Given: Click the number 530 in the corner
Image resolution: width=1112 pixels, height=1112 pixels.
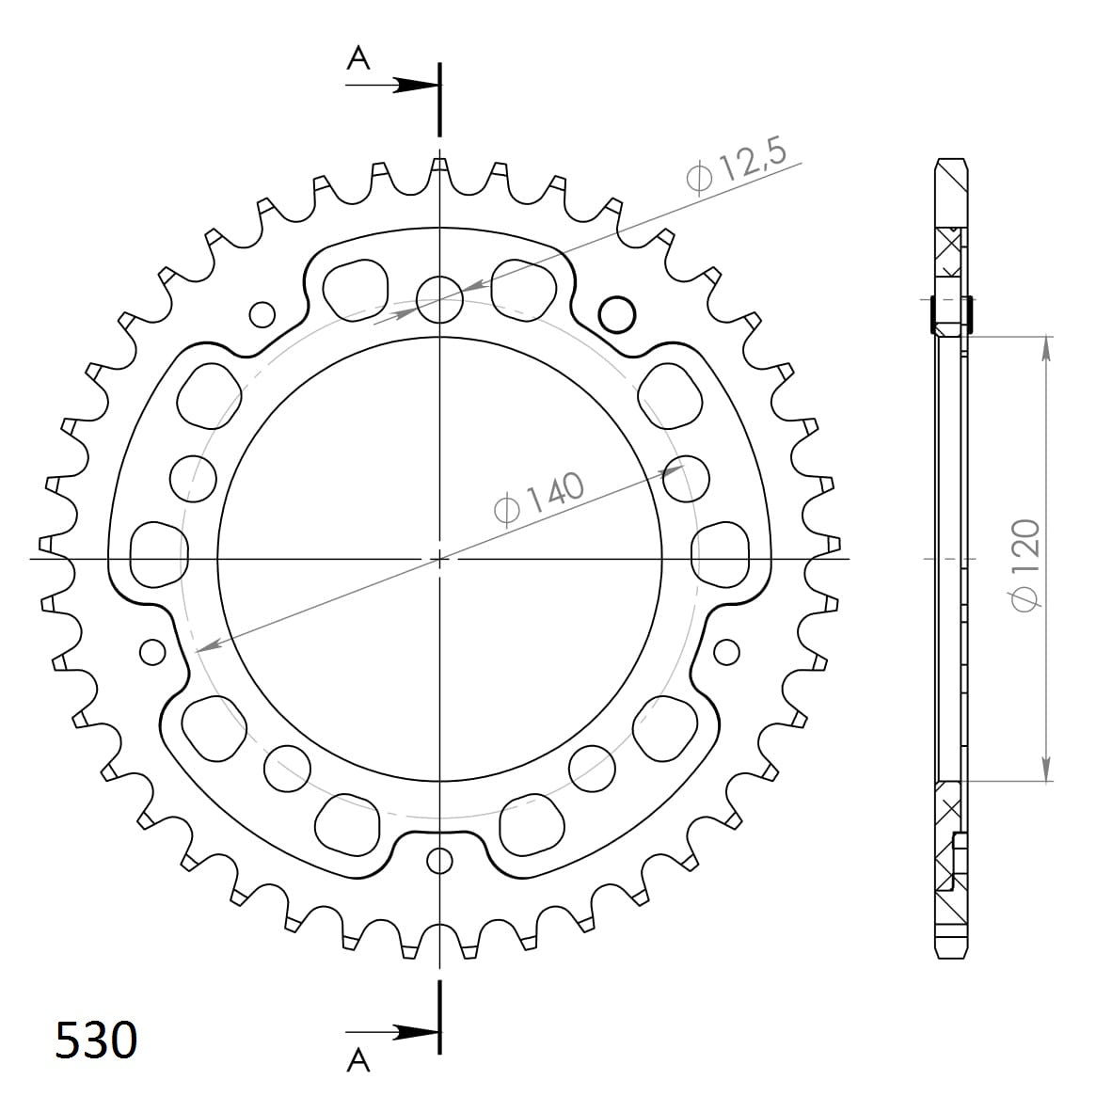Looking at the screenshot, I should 96,1041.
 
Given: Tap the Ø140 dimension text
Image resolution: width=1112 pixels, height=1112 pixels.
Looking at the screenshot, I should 539,498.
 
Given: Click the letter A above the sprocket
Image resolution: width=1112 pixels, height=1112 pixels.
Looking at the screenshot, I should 358,59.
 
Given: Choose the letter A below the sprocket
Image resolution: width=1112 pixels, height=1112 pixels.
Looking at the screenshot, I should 358,1061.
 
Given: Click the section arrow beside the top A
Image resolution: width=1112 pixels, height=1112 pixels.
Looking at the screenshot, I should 409,85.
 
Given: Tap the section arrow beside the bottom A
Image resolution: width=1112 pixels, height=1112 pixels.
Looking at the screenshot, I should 409,1031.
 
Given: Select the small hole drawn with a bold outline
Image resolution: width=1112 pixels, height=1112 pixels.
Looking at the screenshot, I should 617,313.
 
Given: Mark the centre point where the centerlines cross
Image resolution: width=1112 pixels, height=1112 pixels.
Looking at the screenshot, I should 439,559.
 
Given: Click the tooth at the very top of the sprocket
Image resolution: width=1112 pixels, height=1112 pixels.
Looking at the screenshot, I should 439,167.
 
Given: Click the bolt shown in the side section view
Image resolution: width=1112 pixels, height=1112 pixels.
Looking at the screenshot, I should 950,314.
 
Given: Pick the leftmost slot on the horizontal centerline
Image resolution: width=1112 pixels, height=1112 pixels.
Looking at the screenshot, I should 157,555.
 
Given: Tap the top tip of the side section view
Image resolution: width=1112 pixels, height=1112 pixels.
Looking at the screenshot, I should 951,160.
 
